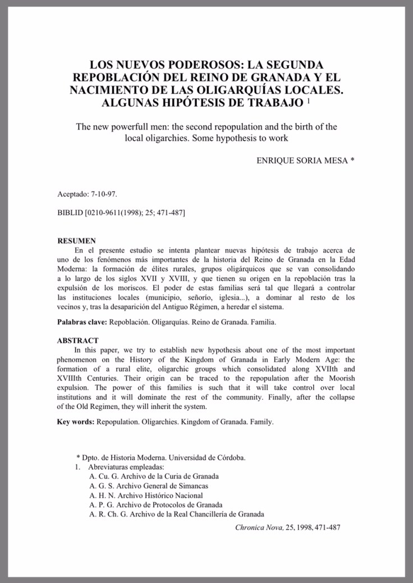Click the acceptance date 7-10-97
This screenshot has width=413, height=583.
click(x=104, y=194)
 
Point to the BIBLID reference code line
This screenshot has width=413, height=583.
click(x=122, y=213)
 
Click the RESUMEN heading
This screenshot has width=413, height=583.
click(x=77, y=241)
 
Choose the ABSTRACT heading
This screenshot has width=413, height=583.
click(x=78, y=341)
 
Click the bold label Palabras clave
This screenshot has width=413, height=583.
click(x=82, y=323)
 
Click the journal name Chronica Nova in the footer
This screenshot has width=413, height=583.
click(x=260, y=527)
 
